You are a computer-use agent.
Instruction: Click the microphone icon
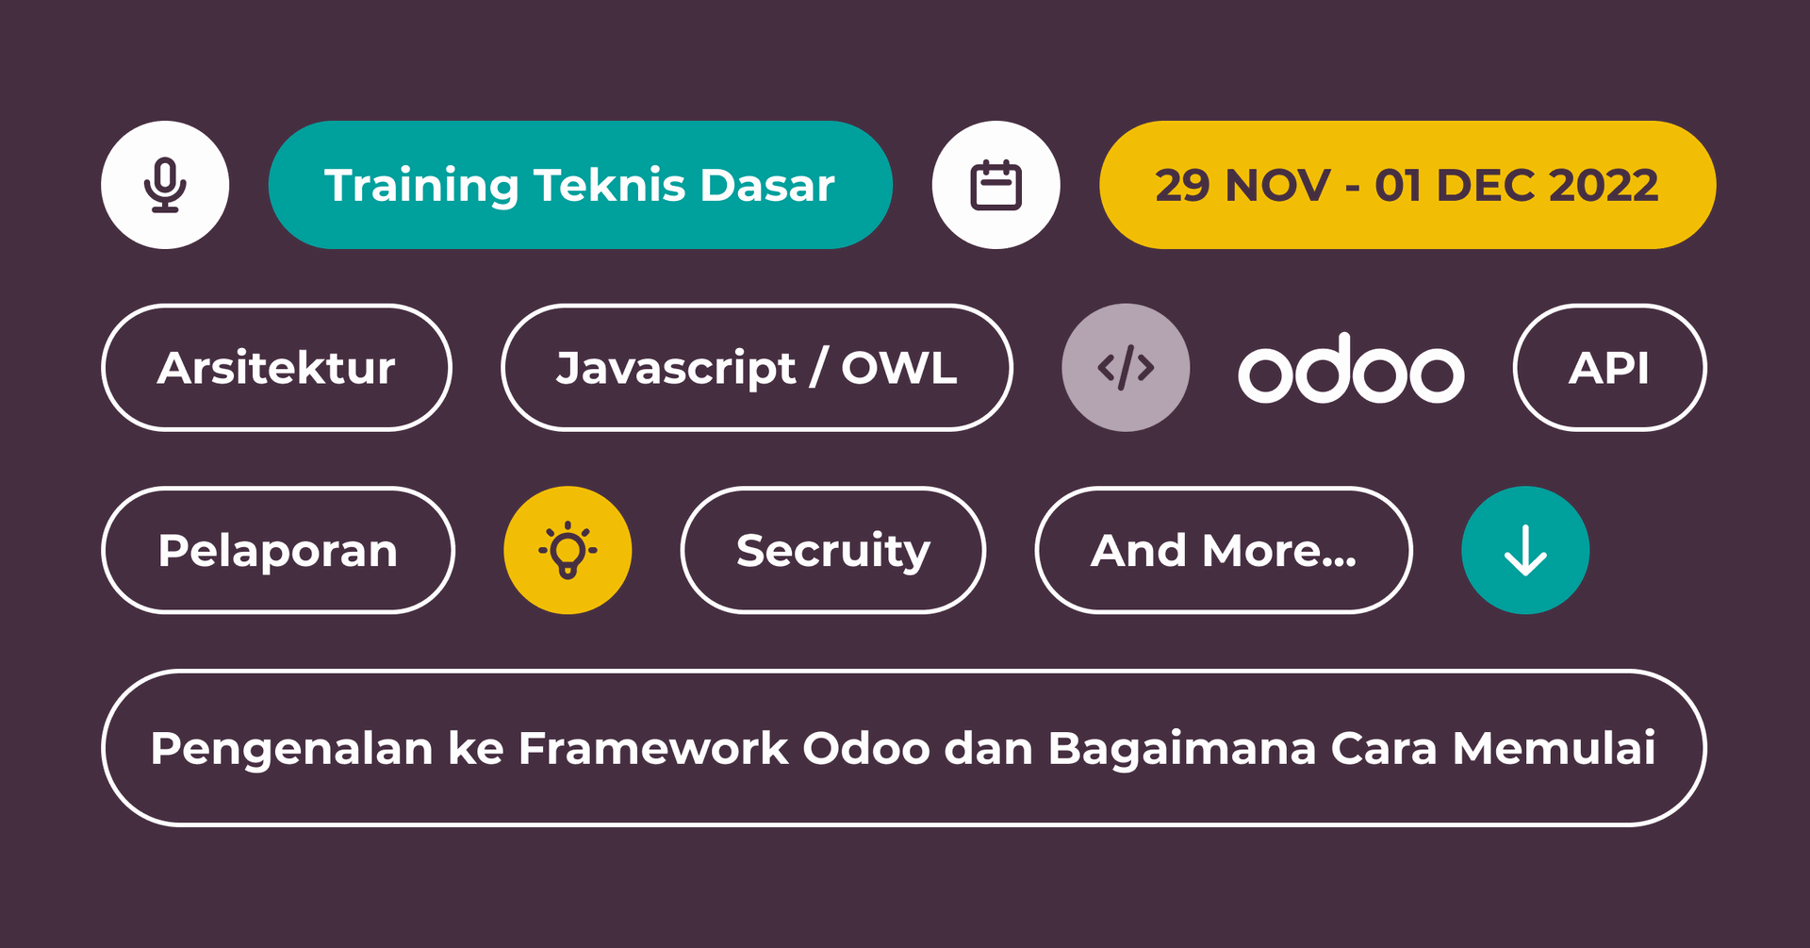[x=165, y=185]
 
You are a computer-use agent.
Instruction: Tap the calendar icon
[x=996, y=185]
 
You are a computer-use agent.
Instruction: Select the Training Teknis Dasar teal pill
[x=581, y=185]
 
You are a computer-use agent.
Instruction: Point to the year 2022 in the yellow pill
[x=1604, y=185]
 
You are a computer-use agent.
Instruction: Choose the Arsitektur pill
[x=276, y=367]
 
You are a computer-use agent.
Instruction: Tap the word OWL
[x=899, y=367]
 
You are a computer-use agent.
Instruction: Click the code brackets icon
[x=1126, y=368]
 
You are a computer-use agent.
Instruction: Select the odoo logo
[x=1351, y=368]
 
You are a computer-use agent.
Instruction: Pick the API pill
[x=1610, y=367]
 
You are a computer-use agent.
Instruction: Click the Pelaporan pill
[x=278, y=550]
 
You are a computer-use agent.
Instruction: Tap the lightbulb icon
[x=568, y=550]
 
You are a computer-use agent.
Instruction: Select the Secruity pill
[x=833, y=550]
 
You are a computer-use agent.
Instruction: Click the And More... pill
[x=1224, y=550]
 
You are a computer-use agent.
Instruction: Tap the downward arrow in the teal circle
[x=1525, y=550]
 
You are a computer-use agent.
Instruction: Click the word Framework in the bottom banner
[x=653, y=748]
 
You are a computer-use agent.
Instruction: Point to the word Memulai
[x=1554, y=748]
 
